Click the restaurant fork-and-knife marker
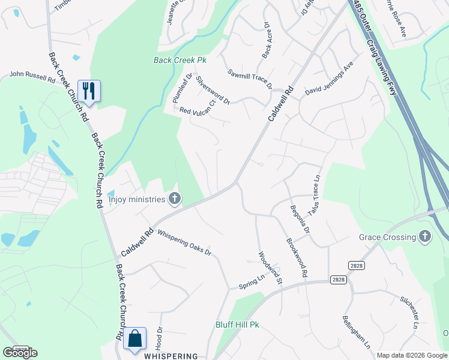(89, 91)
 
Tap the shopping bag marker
(135, 338)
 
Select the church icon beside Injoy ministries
(175, 199)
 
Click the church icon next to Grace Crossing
(426, 236)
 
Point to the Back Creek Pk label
(180, 61)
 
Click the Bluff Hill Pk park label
(237, 325)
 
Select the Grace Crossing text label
(387, 237)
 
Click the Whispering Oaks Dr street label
(184, 244)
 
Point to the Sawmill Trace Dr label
(250, 79)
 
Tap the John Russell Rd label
(32, 77)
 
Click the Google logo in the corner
(20, 353)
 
